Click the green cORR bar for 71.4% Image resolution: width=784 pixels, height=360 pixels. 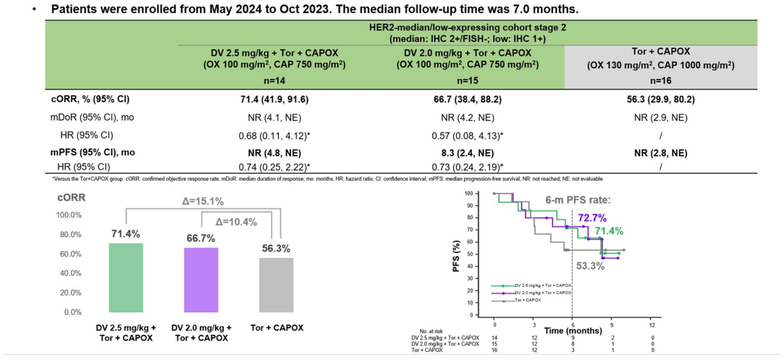tap(126, 277)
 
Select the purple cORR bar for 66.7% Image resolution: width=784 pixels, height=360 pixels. tap(201, 280)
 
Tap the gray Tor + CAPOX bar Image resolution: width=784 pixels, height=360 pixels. tap(276, 285)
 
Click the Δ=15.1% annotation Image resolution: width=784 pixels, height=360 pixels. tap(203, 201)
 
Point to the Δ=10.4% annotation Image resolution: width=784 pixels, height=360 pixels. tap(236, 222)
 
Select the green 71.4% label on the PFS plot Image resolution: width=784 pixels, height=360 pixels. tap(609, 231)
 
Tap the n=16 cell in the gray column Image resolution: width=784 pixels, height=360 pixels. tap(660, 81)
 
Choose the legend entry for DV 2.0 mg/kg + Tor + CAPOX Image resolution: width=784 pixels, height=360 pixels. tap(543, 293)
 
